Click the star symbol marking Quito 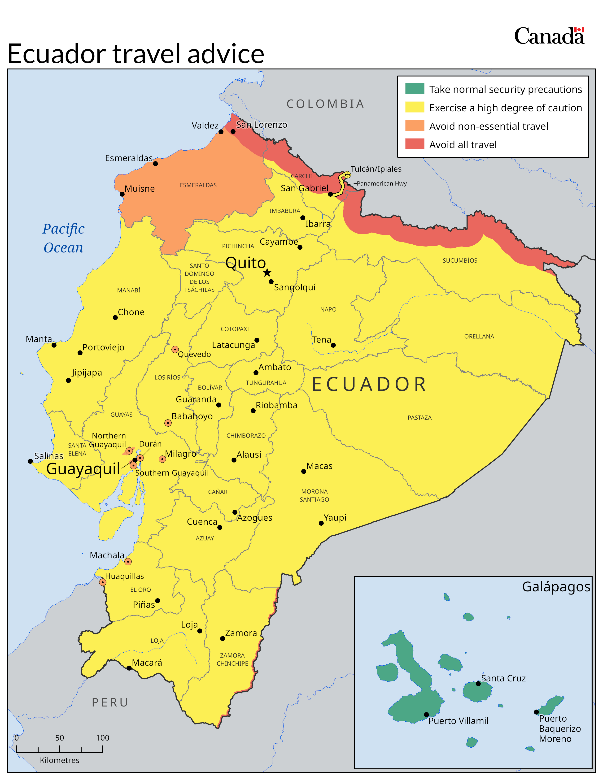point(267,273)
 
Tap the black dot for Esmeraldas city point(155,164)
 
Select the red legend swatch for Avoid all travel point(414,144)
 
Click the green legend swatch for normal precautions point(414,89)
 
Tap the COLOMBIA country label point(325,104)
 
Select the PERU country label point(110,702)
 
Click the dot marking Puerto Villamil point(426,715)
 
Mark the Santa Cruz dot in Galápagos point(478,684)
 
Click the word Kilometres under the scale point(60,760)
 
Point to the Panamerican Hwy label point(381,184)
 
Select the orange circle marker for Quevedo point(175,349)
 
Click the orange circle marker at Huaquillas point(103,582)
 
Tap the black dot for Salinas point(30,461)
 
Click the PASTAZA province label point(419,417)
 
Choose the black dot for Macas point(304,472)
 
